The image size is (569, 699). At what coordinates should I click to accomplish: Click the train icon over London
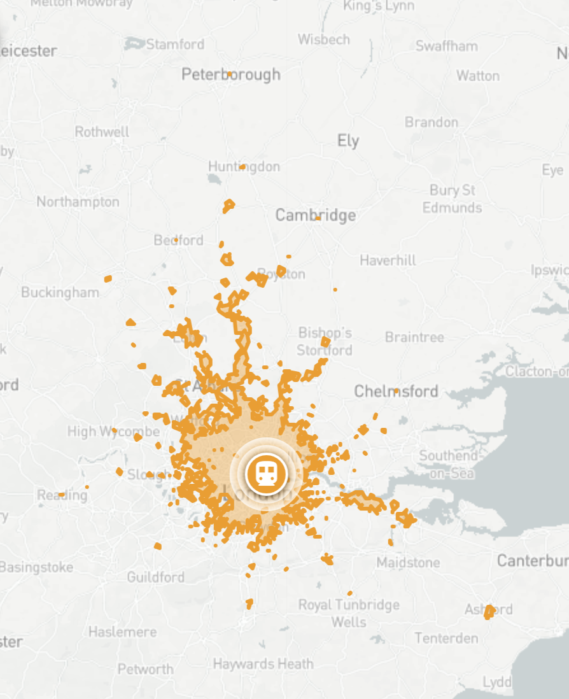pos(267,473)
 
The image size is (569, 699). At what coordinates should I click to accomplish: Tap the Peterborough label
pos(230,74)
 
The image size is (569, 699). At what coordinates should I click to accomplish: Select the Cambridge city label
pos(316,215)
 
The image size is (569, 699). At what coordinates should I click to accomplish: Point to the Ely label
pos(348,141)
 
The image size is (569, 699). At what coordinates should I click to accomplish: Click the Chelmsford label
pos(396,391)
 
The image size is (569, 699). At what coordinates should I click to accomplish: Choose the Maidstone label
pos(408,563)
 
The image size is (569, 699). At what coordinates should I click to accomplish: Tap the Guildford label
pos(156,577)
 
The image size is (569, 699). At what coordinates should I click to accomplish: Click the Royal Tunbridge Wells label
pos(349,613)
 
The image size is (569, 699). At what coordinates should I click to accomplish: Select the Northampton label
pos(78,202)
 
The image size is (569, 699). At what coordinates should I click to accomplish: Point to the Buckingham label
pos(60,292)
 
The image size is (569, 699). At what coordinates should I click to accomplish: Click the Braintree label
pos(414,337)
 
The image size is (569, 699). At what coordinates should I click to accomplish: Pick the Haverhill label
pos(388,260)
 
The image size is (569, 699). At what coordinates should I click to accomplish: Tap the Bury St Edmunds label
pos(453,199)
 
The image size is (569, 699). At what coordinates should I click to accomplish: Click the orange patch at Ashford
pos(489,612)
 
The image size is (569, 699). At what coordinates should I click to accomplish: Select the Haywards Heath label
pos(263,664)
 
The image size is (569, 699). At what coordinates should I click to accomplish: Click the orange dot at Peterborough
pos(229,74)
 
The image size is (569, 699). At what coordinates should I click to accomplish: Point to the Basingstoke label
pos(36,567)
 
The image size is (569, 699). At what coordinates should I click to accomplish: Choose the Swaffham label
pos(446,46)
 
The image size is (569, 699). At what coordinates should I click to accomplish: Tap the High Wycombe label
pos(113,432)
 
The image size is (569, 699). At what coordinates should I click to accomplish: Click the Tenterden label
pos(446,638)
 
